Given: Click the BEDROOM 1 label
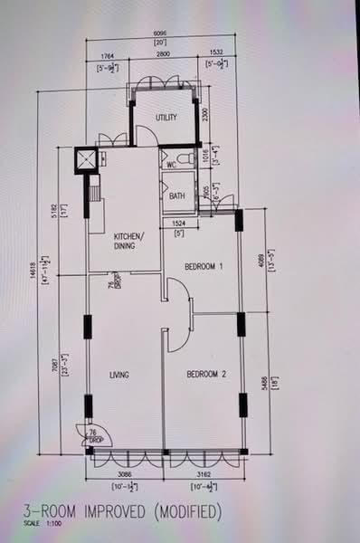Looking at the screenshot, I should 204,267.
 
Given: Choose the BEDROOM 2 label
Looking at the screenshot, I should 206,374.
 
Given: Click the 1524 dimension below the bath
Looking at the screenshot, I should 180,224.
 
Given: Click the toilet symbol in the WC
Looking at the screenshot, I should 185,160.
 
